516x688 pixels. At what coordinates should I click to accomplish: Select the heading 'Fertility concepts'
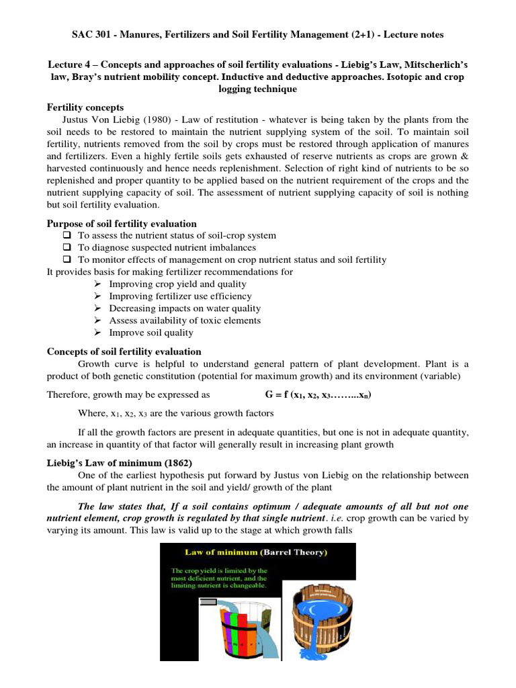click(x=84, y=107)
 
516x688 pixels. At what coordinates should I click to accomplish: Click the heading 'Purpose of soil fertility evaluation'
click(x=122, y=224)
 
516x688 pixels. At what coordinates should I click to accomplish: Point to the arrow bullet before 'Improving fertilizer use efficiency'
click(x=97, y=296)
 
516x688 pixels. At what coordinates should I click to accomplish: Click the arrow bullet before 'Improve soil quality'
click(x=97, y=333)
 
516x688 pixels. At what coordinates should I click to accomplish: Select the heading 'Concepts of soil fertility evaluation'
click(x=124, y=351)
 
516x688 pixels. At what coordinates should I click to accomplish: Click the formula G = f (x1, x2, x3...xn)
click(x=315, y=395)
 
